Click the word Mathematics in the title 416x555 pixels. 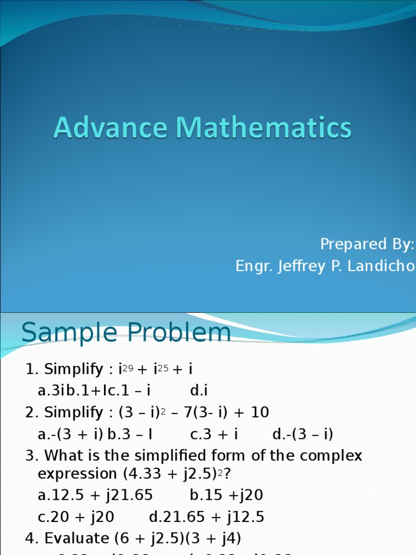[263, 128]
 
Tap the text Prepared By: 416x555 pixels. [367, 244]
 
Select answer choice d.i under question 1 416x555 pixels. [199, 391]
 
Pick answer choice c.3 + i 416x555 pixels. [214, 434]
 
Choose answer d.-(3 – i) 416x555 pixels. [302, 434]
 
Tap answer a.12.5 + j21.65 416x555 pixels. [95, 495]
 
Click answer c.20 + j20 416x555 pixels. [76, 517]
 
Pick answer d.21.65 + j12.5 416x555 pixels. [206, 517]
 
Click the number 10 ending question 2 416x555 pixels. [260, 412]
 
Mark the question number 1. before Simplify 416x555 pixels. [32, 370]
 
